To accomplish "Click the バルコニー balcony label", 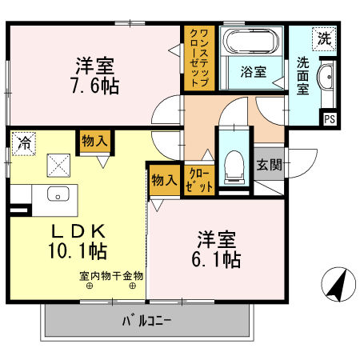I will [x=146, y=322].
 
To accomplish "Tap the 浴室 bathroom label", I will [x=253, y=70].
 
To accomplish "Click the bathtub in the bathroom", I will [x=251, y=42].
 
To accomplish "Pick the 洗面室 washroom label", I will [x=303, y=75].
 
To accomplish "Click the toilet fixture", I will [x=234, y=163].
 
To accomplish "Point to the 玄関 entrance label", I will [x=269, y=165].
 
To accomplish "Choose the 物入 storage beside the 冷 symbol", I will [x=94, y=142].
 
